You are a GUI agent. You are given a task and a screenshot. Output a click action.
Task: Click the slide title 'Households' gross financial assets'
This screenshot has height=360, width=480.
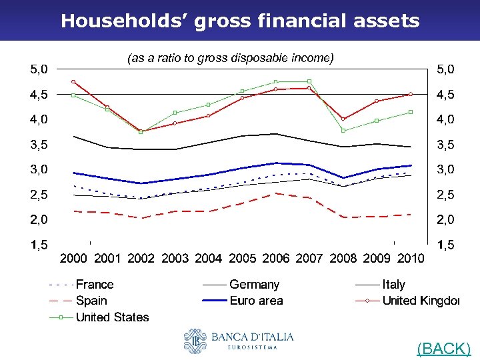pos(240,21)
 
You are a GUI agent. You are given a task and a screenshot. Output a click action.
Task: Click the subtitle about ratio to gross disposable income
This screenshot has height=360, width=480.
pos(230,58)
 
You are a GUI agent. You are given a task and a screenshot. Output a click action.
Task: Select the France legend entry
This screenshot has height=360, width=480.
pos(94,285)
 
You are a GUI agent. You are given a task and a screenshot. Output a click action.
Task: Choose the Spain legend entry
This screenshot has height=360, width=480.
pos(91,301)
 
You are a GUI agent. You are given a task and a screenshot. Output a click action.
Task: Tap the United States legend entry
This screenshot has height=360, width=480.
pos(112,317)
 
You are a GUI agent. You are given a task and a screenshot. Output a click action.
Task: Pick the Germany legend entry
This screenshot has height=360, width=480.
pos(254,285)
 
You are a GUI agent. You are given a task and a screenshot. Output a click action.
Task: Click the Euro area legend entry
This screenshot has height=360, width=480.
pos(256,301)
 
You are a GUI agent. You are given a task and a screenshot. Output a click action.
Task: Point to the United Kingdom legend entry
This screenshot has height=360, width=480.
pos(420,301)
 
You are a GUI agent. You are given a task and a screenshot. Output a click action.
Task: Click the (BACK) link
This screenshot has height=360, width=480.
pos(443,348)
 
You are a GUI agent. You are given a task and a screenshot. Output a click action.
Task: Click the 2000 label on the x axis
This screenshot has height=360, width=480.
pos(74,258)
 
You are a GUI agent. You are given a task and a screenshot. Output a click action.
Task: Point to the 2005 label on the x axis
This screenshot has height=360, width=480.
pos(242,258)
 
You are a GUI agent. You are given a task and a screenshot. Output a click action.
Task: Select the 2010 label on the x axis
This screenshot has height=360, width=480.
pos(410,258)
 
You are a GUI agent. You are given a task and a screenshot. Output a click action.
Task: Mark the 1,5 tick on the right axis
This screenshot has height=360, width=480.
pos(446,245)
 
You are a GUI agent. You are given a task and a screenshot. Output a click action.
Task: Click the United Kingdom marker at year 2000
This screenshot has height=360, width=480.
pos(73,82)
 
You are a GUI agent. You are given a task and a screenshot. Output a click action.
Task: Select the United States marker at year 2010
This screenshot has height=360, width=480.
pos(411,112)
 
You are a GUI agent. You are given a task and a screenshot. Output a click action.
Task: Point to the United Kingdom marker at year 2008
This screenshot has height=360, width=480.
pos(343,119)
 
